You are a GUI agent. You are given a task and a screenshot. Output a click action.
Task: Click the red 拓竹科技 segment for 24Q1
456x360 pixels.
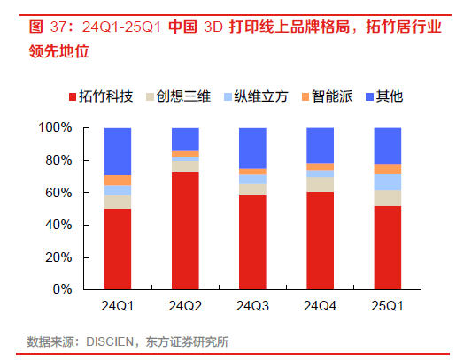(x=118, y=249)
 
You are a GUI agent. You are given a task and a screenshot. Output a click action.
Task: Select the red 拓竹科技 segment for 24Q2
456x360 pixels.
(x=185, y=230)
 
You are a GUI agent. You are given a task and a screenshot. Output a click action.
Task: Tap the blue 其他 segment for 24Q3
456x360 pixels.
(x=252, y=148)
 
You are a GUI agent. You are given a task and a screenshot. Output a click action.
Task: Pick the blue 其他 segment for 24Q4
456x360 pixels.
(x=320, y=145)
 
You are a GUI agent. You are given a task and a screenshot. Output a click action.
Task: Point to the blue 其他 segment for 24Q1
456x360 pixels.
(x=118, y=151)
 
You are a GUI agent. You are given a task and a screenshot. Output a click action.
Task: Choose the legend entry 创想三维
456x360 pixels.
(x=177, y=96)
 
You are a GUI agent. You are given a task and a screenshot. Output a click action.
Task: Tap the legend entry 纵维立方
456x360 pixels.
(x=255, y=96)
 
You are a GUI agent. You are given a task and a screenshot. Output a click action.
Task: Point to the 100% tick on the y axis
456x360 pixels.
(x=57, y=128)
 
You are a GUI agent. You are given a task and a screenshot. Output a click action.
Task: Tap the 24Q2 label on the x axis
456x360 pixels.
(x=185, y=306)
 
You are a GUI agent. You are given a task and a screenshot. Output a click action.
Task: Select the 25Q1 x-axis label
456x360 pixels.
(x=387, y=306)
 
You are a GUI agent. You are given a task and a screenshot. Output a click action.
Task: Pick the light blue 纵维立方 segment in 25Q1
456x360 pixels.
(x=387, y=182)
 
